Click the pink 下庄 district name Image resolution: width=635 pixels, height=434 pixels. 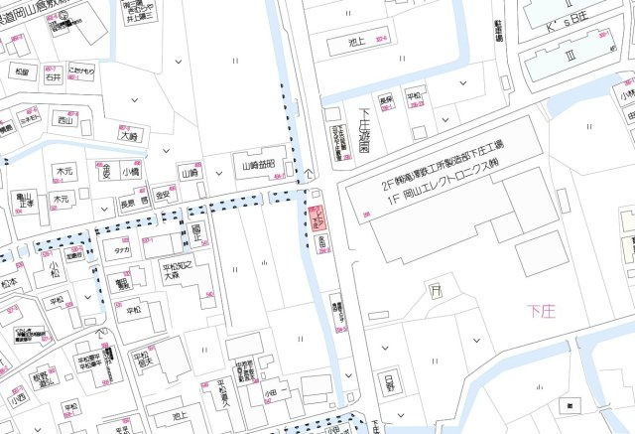(x=545, y=312)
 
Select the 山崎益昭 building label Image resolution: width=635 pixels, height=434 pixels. (x=260, y=167)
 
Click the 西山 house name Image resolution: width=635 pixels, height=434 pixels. (x=65, y=122)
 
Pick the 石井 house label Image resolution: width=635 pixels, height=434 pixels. (x=53, y=74)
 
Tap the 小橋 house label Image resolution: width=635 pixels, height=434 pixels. (x=131, y=172)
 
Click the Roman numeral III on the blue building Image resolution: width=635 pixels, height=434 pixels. (x=571, y=55)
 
